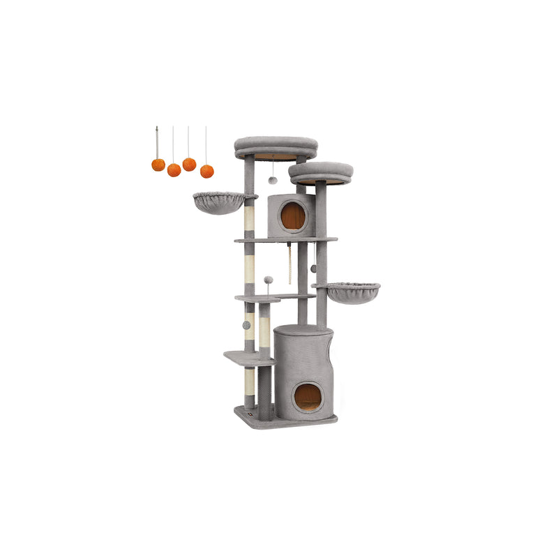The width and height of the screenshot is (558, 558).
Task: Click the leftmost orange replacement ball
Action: coord(158,165)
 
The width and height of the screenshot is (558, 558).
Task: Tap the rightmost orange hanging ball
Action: coord(206,171)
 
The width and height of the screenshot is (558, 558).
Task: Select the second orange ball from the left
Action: coord(174,169)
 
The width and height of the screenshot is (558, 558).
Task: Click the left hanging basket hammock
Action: coord(219,203)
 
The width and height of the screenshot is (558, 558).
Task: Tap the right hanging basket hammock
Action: coord(353,292)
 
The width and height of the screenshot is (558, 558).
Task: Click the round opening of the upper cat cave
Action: coord(293,216)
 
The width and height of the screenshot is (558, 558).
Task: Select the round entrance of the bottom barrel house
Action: coord(308,397)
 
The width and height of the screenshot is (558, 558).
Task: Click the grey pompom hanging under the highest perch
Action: coord(273,181)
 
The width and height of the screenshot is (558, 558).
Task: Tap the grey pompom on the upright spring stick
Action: coord(269,280)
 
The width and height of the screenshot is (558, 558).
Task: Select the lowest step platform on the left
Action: coord(248,357)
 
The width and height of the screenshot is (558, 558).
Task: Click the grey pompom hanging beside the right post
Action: coord(313,268)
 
